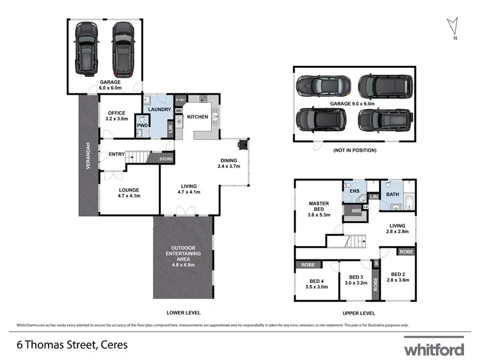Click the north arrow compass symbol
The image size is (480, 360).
click(454, 26)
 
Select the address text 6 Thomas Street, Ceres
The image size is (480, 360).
click(72, 345)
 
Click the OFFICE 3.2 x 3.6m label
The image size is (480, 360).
click(118, 116)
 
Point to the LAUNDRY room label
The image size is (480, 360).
click(159, 109)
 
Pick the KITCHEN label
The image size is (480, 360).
click(197, 117)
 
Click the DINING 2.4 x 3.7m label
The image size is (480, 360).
click(228, 163)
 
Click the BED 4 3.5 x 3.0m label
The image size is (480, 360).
click(316, 284)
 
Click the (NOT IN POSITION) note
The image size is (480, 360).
click(354, 151)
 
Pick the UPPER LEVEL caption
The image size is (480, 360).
click(358, 313)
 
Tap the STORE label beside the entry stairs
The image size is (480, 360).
click(166, 159)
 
